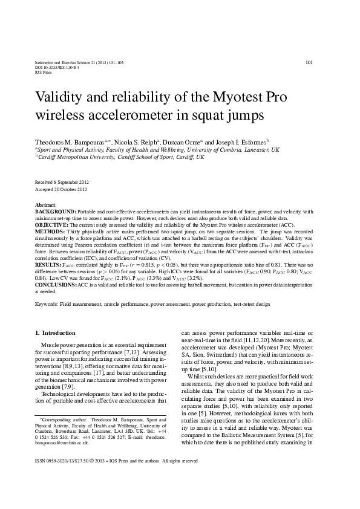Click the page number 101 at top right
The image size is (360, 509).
point(309,62)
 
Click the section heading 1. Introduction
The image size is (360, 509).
point(55,332)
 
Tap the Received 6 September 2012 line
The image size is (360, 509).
point(62,182)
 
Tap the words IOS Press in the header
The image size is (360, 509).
point(43,73)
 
